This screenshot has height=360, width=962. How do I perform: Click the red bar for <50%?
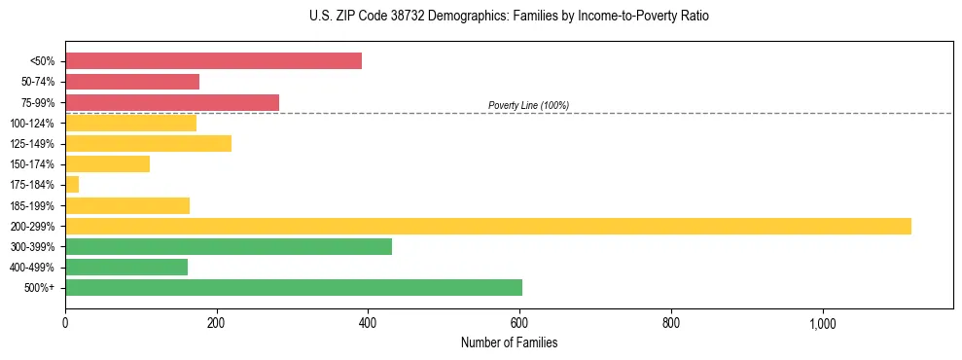click(213, 61)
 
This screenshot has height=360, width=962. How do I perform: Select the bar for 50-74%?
click(132, 82)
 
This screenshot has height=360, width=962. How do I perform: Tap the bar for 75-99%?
click(172, 102)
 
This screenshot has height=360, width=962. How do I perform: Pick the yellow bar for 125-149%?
click(148, 144)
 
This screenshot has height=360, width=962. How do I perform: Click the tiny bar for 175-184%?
click(72, 185)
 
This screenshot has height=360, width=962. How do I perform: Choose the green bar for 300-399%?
click(229, 246)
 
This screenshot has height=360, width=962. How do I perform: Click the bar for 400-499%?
click(126, 267)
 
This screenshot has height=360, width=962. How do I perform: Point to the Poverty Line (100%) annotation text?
click(528, 105)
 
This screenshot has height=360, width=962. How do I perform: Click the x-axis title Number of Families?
click(509, 342)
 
